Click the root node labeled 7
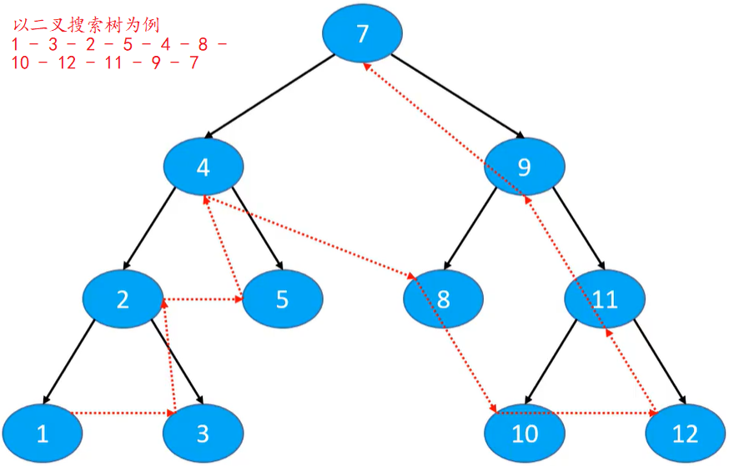point(362,34)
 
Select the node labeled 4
point(203,168)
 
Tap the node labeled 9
point(524,168)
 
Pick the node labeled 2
point(123,299)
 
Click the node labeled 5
point(282,299)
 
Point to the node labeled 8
point(443,299)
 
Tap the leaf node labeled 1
point(43,433)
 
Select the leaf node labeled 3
point(203,433)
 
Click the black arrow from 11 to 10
point(556,363)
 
